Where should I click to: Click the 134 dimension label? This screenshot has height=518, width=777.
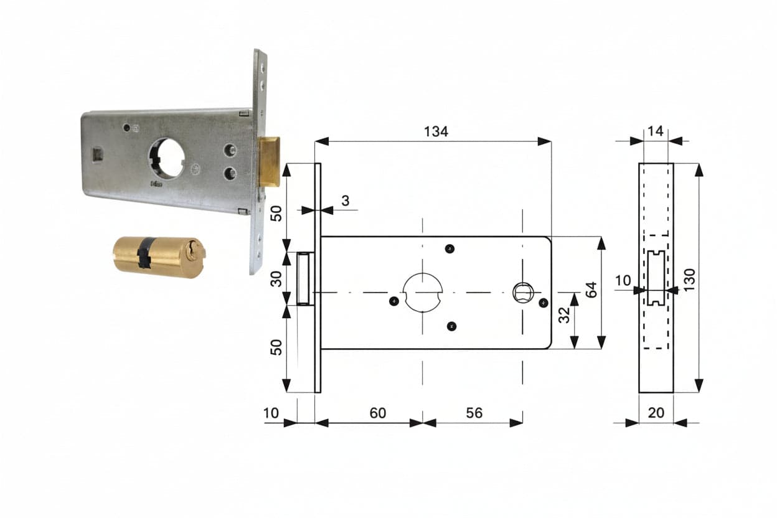436,131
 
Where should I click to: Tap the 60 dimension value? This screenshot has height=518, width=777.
377,413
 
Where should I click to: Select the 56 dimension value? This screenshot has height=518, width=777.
474,413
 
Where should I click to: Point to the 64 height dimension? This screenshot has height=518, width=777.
591,290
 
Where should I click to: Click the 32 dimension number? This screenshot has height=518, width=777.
564,315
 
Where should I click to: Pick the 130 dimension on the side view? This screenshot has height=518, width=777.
690,280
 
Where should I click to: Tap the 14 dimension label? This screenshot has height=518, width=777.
655,131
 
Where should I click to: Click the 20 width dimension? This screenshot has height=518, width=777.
656,413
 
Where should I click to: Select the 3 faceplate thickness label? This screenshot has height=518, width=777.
345,200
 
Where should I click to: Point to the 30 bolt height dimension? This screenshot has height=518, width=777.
276,279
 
